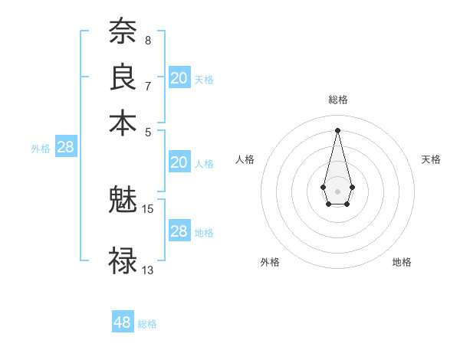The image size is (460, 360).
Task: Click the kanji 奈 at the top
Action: (123, 33)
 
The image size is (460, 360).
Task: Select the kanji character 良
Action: (123, 77)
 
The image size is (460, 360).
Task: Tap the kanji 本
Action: (123, 122)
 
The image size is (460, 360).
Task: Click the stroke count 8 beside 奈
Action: (147, 40)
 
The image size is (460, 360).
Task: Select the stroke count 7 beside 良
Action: (147, 85)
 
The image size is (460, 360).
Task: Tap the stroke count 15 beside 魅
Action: (148, 208)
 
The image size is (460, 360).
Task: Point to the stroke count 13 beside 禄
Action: (148, 270)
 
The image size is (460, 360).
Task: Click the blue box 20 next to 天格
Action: (179, 78)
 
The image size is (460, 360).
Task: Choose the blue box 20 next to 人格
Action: (179, 162)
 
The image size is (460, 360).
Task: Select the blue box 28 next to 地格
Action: (179, 231)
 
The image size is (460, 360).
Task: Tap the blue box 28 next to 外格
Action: (66, 147)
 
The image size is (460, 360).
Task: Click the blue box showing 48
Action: (123, 322)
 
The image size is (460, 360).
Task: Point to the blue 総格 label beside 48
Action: (147, 324)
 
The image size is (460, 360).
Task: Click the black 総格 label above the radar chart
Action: (337, 100)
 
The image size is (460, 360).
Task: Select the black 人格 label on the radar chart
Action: (245, 159)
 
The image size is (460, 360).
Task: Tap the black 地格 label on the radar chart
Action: (402, 262)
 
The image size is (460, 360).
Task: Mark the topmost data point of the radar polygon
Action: (337, 129)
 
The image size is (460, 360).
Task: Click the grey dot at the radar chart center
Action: (337, 190)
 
